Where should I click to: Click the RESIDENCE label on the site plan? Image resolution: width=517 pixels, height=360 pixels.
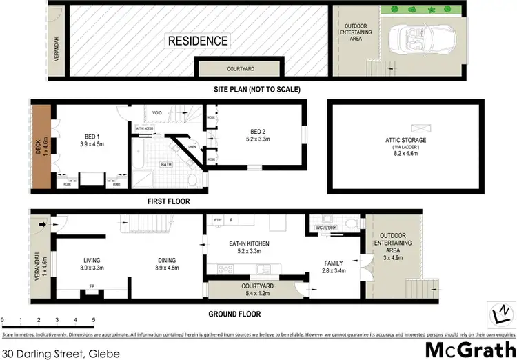[x=199, y=41]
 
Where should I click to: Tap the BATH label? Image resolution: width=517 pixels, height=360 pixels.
[x=166, y=165]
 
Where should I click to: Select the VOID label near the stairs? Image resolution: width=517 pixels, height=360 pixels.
[x=157, y=113]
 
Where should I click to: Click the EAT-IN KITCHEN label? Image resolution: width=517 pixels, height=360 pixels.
[x=249, y=244]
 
